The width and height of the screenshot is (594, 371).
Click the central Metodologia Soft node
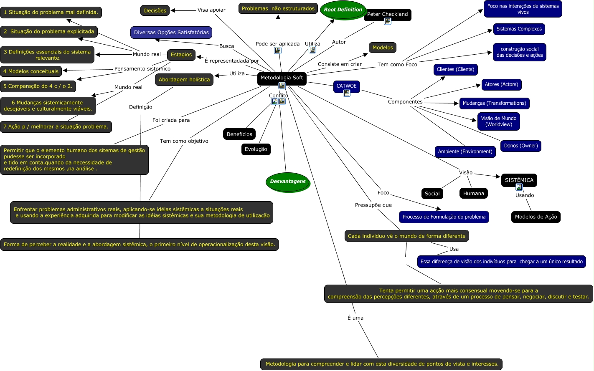coord(282,78)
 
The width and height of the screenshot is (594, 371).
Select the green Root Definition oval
coord(343,10)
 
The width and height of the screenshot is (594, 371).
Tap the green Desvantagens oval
coord(288,182)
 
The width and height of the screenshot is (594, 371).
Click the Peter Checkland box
coord(387,14)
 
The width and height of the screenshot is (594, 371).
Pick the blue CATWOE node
coord(346,86)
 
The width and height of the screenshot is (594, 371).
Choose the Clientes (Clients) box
coord(455,69)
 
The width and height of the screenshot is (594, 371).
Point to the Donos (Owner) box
coord(520,146)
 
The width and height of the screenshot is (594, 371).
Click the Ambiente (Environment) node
coord(465,151)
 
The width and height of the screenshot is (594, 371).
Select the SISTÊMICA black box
coord(519,180)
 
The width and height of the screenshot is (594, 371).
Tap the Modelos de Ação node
coord(536,217)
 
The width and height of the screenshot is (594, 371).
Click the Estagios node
coord(181,55)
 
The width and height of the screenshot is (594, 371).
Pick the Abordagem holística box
coord(184,80)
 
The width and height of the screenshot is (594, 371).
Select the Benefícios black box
coord(239,134)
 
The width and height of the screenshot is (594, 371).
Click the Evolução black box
coord(256,149)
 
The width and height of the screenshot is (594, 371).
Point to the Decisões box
coord(155,10)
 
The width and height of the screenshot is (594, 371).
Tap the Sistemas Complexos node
coord(519,29)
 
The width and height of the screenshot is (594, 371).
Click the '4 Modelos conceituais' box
coord(31,71)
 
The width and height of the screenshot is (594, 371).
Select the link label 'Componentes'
coord(405,102)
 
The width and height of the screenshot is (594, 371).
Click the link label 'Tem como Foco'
coord(397,65)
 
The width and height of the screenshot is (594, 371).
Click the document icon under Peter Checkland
coord(388,21)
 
